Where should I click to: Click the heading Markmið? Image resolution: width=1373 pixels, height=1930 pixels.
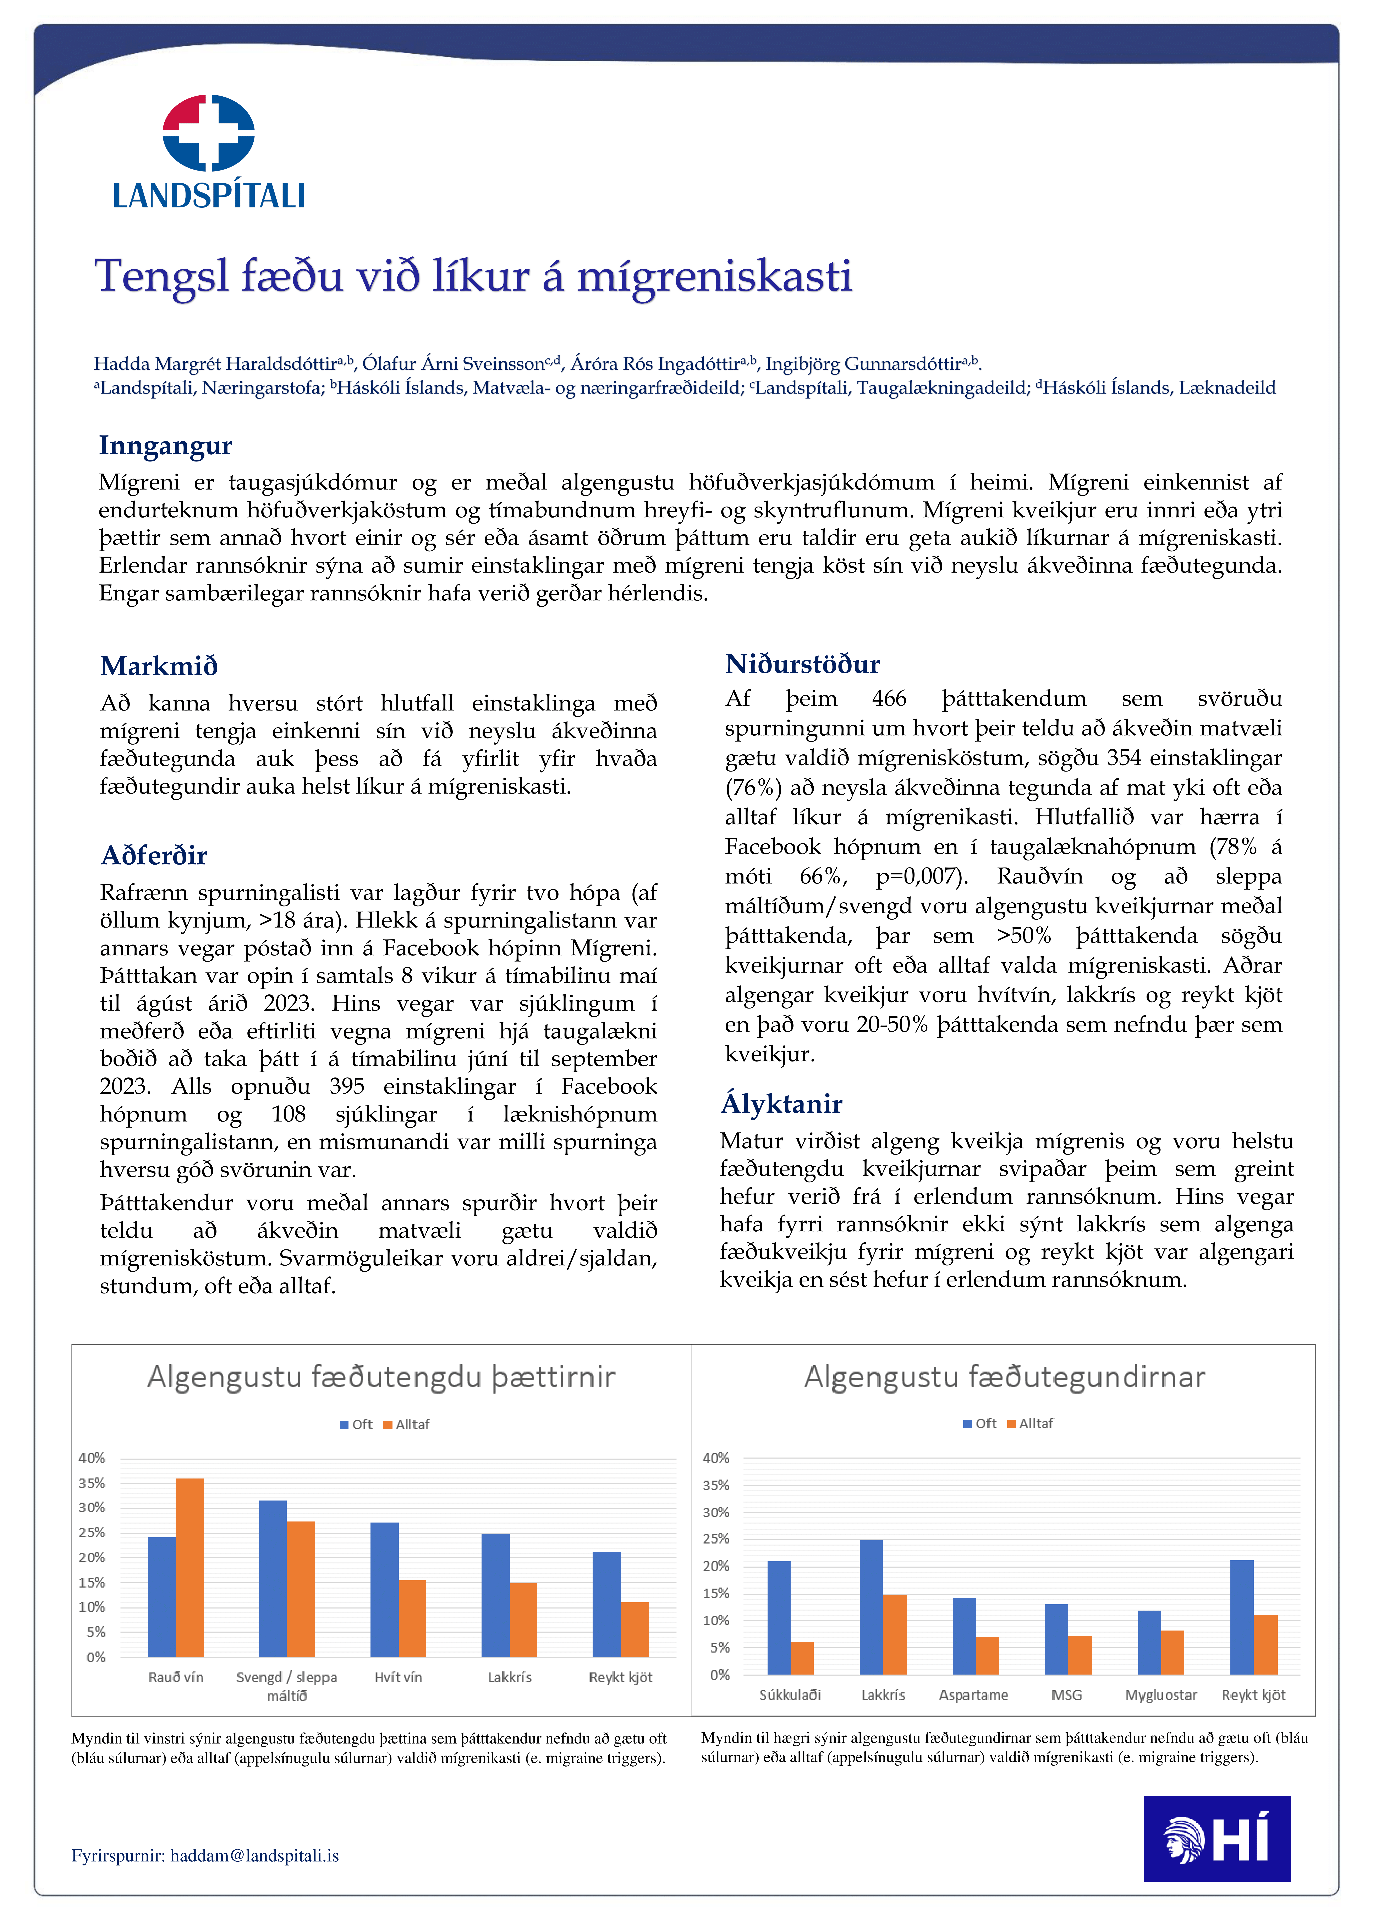tap(159, 666)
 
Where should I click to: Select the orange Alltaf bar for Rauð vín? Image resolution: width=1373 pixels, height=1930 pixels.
tap(189, 1567)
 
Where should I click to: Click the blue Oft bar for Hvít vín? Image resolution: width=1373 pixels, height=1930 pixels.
tap(385, 1589)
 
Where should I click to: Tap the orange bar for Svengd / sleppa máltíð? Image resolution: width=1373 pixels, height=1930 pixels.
tap(301, 1588)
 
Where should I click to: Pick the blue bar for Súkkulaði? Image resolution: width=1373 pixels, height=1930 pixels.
tap(779, 1617)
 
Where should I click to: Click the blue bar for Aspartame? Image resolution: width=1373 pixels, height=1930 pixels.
tap(964, 1636)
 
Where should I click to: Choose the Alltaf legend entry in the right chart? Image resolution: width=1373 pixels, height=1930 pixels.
tap(1031, 1423)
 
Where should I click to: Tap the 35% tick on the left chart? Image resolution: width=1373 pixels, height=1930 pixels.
tap(92, 1483)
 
